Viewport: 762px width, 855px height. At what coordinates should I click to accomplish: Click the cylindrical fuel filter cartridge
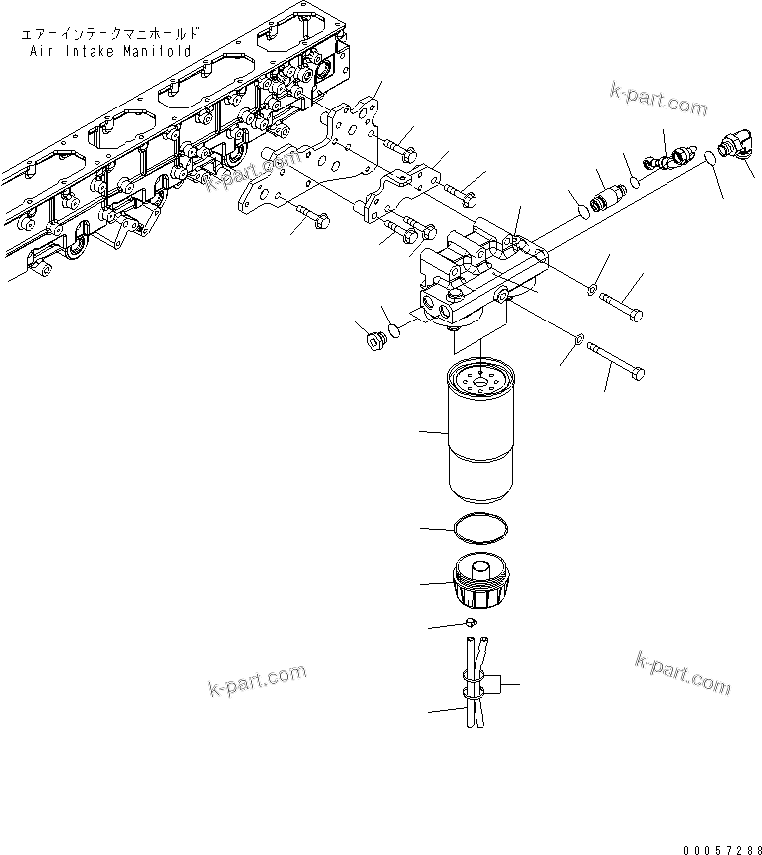click(x=479, y=433)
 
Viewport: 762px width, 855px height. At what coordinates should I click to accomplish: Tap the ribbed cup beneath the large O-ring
click(x=479, y=582)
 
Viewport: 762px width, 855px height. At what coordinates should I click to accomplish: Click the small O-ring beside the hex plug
click(x=395, y=330)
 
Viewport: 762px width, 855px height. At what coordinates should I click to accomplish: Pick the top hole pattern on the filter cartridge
click(x=479, y=376)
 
